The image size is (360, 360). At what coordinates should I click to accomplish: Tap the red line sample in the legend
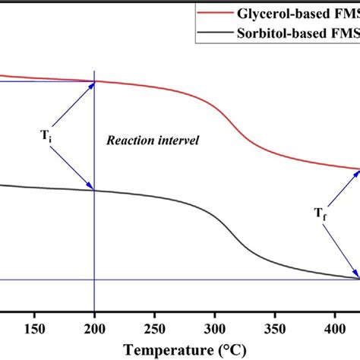[219, 13]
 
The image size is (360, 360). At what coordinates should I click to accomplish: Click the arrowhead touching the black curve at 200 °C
[90, 187]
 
